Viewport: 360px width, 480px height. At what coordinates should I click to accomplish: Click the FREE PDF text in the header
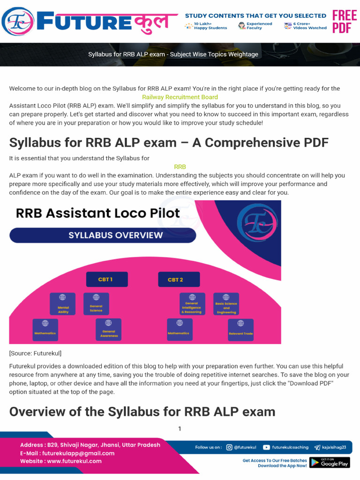tap(345, 22)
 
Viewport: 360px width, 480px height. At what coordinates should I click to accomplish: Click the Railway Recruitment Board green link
tap(180, 97)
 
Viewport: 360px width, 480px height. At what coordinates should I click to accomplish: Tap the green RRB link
tap(180, 167)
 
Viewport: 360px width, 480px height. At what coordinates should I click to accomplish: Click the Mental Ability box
tap(63, 305)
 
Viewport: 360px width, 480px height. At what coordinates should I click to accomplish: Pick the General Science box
tap(96, 304)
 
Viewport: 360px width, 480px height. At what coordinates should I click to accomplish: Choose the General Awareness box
tap(108, 330)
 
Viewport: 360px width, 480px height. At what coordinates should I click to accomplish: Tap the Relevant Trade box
tap(240, 330)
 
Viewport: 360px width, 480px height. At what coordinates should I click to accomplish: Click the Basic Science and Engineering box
tap(226, 305)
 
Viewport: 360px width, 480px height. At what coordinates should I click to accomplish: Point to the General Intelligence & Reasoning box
tap(192, 305)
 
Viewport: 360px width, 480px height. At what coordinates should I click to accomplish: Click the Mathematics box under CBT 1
tap(45, 330)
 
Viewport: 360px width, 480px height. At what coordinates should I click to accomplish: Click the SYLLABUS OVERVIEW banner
tap(103, 235)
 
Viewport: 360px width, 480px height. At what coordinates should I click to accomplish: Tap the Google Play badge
tap(330, 463)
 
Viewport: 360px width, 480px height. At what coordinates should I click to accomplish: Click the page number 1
tap(180, 428)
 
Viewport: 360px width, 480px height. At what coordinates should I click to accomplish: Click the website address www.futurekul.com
tap(74, 461)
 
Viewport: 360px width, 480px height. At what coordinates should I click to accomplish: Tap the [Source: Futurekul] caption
tap(35, 353)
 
